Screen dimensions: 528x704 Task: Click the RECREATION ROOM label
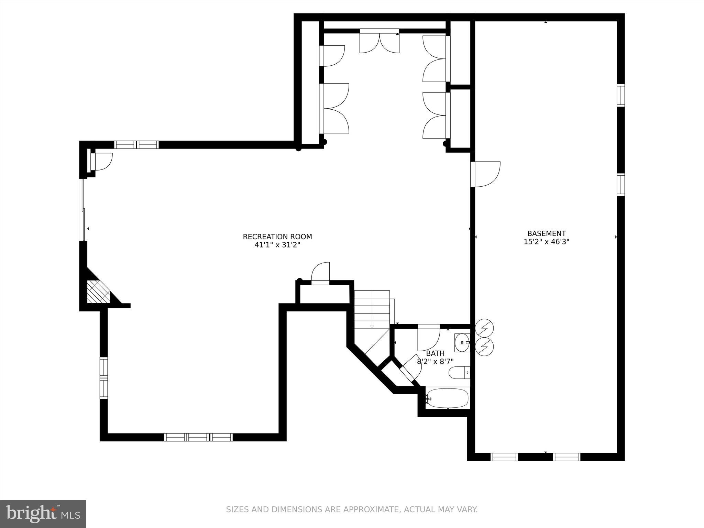point(277,236)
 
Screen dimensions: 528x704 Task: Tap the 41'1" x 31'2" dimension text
point(277,245)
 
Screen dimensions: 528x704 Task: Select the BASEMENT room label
point(546,233)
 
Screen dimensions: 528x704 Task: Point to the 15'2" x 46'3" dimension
point(546,242)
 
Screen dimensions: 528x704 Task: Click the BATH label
point(435,353)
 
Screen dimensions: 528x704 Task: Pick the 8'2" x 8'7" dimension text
point(435,362)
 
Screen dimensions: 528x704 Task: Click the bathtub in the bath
point(447,398)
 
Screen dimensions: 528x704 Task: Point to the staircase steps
point(372,309)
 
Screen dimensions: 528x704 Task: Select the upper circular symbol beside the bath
point(484,329)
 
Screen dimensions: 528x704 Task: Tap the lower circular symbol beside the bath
point(484,347)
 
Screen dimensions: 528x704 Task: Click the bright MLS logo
point(43,514)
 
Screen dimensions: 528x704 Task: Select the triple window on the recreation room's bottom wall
point(198,437)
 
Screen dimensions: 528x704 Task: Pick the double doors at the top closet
point(379,42)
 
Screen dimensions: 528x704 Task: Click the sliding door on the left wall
point(82,210)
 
